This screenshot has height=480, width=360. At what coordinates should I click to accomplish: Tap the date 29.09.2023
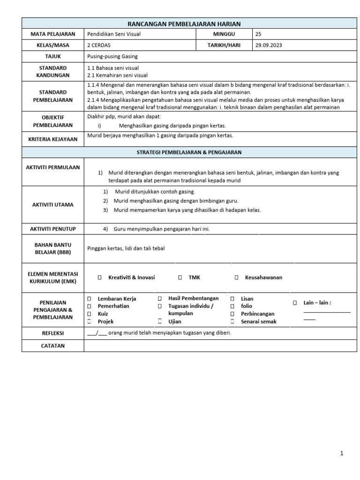pos(269,45)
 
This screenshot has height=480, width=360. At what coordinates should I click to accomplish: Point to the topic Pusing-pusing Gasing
pos(112,56)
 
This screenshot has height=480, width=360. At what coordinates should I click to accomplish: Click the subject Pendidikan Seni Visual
pos(114,34)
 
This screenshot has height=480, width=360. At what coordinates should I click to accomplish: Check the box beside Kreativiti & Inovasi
pos(99,277)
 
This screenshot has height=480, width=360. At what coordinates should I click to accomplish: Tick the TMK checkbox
pos(180,277)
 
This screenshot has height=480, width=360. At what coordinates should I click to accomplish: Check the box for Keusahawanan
pos(237,277)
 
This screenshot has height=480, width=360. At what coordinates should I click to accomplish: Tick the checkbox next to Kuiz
pos(89,314)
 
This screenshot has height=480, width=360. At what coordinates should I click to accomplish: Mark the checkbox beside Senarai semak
pos(232,322)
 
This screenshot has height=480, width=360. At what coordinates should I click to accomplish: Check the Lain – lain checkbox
pos(295,303)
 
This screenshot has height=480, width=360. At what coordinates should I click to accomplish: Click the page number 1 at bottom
pos(342,453)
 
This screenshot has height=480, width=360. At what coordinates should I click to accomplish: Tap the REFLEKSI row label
pos(52,333)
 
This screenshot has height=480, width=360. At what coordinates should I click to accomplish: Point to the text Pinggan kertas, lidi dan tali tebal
pos(126,248)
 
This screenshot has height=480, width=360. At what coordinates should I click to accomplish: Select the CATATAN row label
pos(52,345)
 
